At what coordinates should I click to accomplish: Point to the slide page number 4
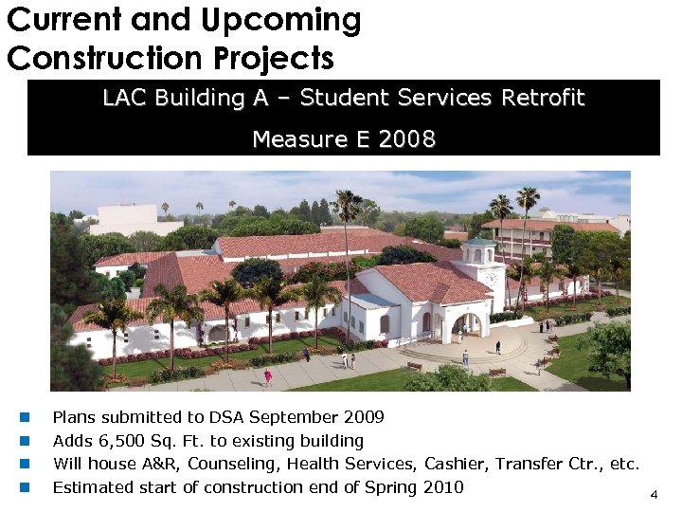click(653, 495)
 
